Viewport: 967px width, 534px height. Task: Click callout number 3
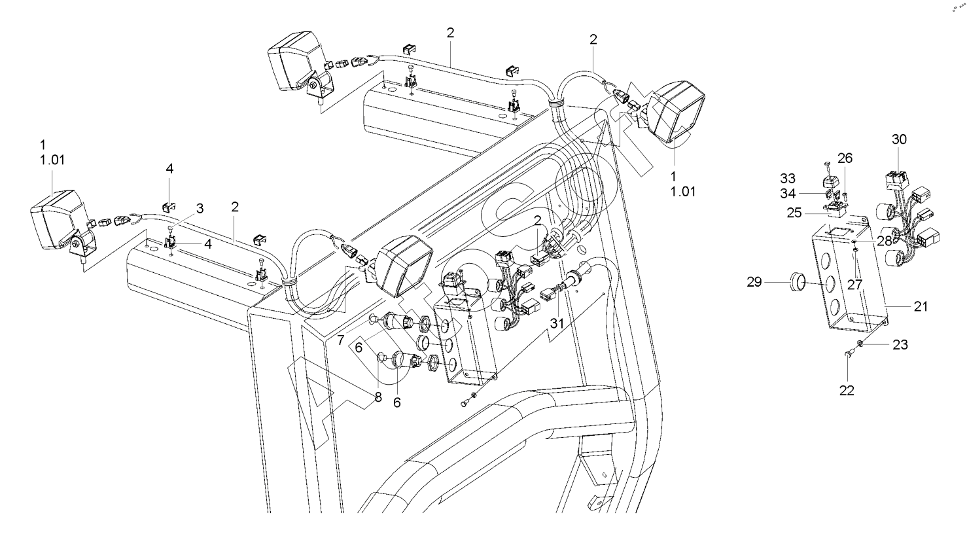(x=200, y=209)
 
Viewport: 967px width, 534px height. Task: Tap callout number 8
(x=378, y=396)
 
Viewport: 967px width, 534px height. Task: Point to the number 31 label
(x=557, y=323)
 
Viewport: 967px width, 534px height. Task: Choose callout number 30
(x=900, y=139)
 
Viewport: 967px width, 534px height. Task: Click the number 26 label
(x=845, y=158)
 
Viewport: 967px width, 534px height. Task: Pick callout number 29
(x=754, y=282)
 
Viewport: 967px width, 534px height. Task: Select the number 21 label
(x=921, y=306)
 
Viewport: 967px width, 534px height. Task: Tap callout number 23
(x=900, y=344)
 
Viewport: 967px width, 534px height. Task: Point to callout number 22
(x=847, y=390)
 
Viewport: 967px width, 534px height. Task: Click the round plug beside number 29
(x=796, y=283)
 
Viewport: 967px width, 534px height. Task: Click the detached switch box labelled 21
(x=847, y=275)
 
